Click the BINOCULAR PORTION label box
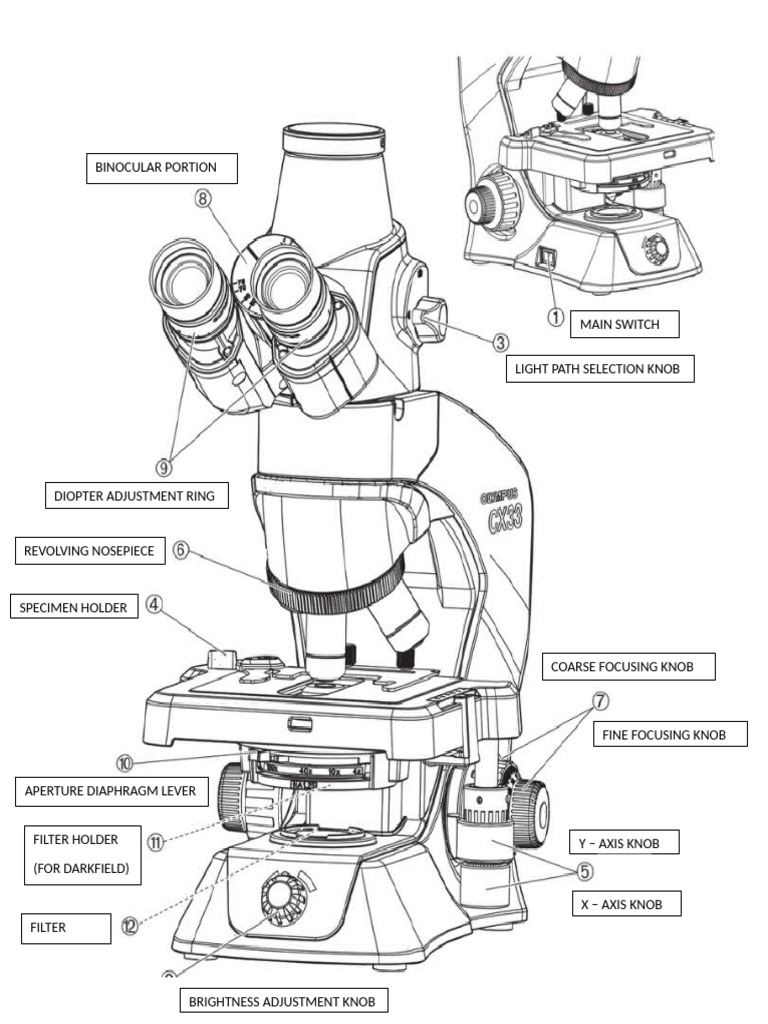pyautogui.click(x=162, y=168)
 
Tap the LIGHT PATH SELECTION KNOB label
pyautogui.click(x=598, y=369)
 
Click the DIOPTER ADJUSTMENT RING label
pyautogui.click(x=137, y=495)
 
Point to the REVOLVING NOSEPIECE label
pyautogui.click(x=90, y=551)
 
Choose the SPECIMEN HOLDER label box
pyautogui.click(x=75, y=607)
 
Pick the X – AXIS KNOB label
pyautogui.click(x=620, y=904)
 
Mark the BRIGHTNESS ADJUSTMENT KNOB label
pyautogui.click(x=283, y=1000)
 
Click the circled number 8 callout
pyautogui.click(x=203, y=198)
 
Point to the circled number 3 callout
pyautogui.click(x=501, y=342)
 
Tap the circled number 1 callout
pyautogui.click(x=555, y=316)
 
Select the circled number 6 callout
pyautogui.click(x=181, y=551)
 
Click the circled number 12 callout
pyautogui.click(x=130, y=926)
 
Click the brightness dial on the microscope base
pyautogui.click(x=283, y=892)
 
